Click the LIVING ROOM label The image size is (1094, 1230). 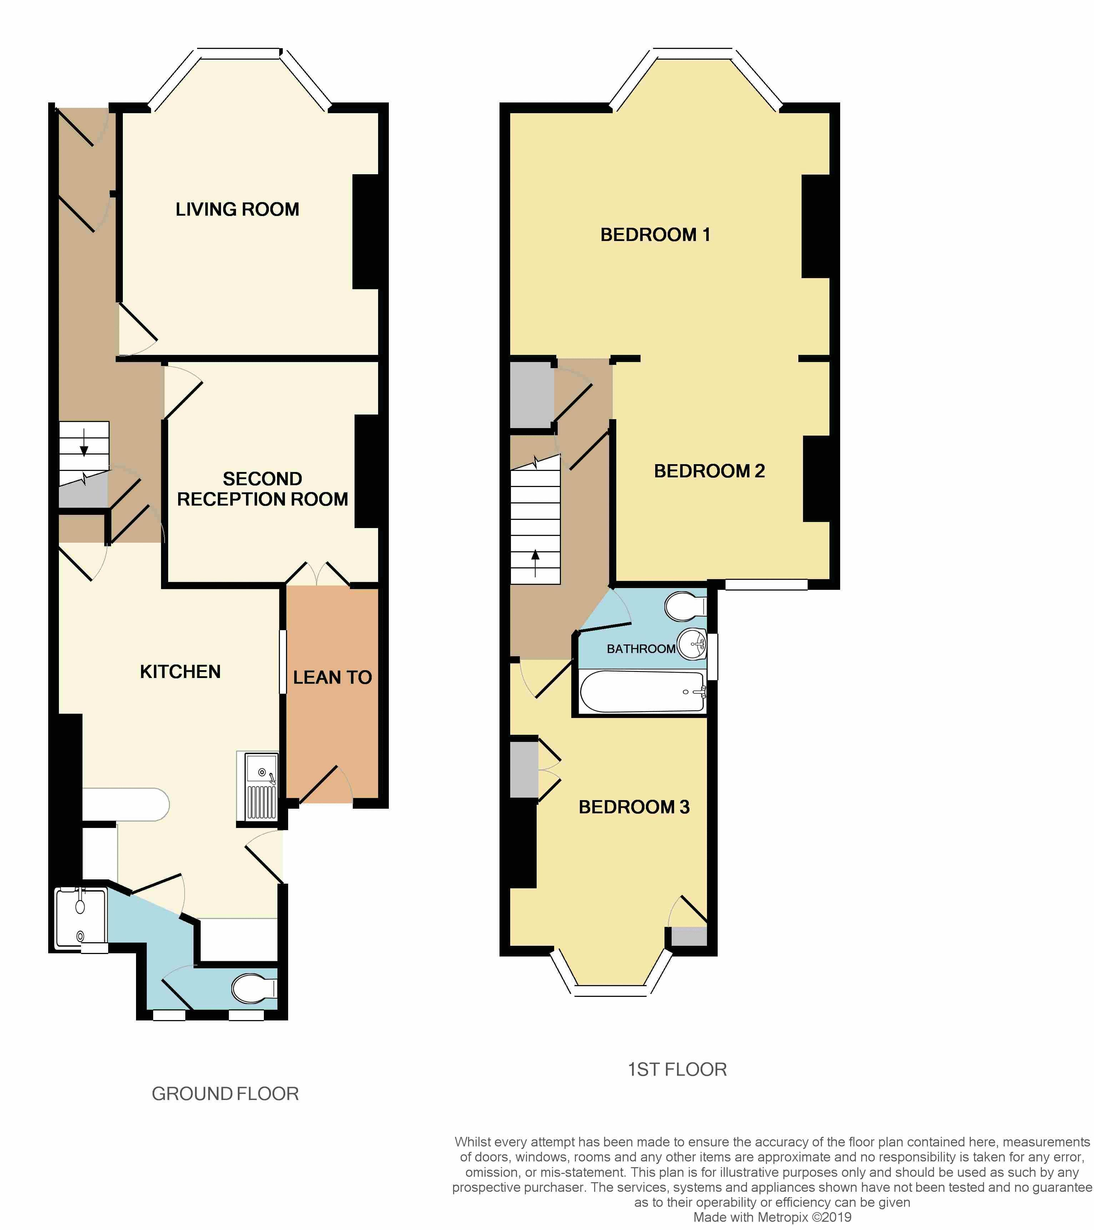(x=237, y=210)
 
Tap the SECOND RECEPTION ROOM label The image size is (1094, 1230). (x=262, y=489)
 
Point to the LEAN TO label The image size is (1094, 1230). (x=332, y=678)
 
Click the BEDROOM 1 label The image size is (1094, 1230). (x=655, y=235)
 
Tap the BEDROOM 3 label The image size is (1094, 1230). (x=634, y=807)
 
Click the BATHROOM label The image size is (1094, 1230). (x=640, y=649)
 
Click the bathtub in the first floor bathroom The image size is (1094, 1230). (x=642, y=692)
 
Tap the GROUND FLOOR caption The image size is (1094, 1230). (x=225, y=1093)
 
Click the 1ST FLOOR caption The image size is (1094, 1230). (x=677, y=1069)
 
